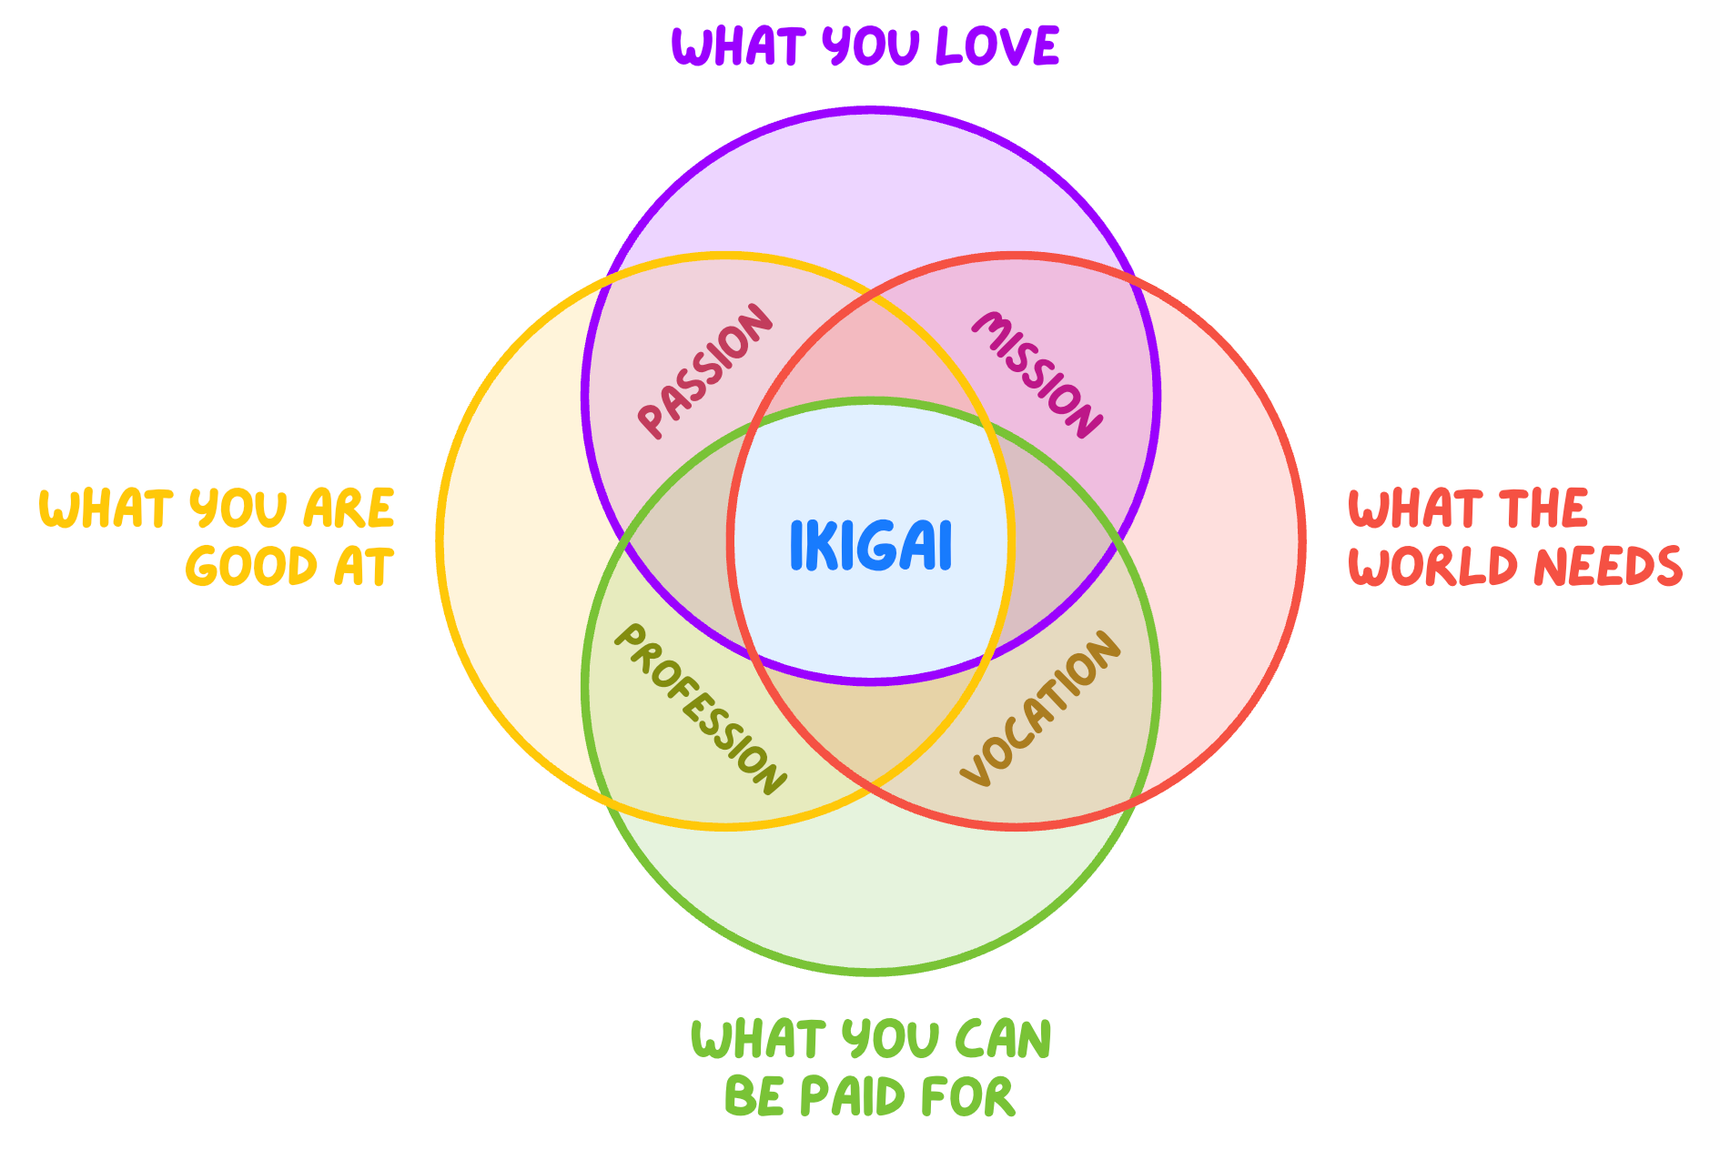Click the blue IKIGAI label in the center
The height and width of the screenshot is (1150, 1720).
871,546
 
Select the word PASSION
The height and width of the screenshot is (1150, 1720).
705,371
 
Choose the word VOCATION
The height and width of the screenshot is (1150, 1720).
1041,708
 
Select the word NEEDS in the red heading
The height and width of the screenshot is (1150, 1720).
1608,566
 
